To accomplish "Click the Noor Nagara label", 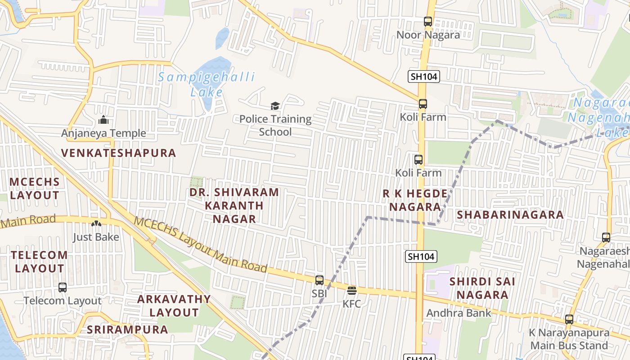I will click(x=428, y=35).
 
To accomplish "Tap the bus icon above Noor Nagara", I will click(x=428, y=21).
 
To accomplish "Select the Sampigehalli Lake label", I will click(x=207, y=84).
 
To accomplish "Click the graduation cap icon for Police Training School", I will click(x=275, y=106).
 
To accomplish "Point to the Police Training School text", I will click(x=275, y=126).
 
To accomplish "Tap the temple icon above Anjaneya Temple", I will click(x=103, y=120).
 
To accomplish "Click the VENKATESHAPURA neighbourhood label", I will click(x=118, y=153).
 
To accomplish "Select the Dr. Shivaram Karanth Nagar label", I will click(x=234, y=206).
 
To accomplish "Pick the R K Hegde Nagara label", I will click(x=415, y=200).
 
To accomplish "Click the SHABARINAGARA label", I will click(x=510, y=215).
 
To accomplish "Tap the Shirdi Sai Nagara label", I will click(x=482, y=288).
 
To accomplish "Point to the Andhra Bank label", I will click(x=459, y=313).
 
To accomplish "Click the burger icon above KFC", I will click(x=352, y=290).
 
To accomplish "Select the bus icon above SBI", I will click(x=319, y=280).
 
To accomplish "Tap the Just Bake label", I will click(x=96, y=237).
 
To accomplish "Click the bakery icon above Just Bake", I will click(x=96, y=224).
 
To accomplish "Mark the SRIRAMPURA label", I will click(x=127, y=329).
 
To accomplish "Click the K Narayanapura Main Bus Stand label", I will click(x=569, y=339).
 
